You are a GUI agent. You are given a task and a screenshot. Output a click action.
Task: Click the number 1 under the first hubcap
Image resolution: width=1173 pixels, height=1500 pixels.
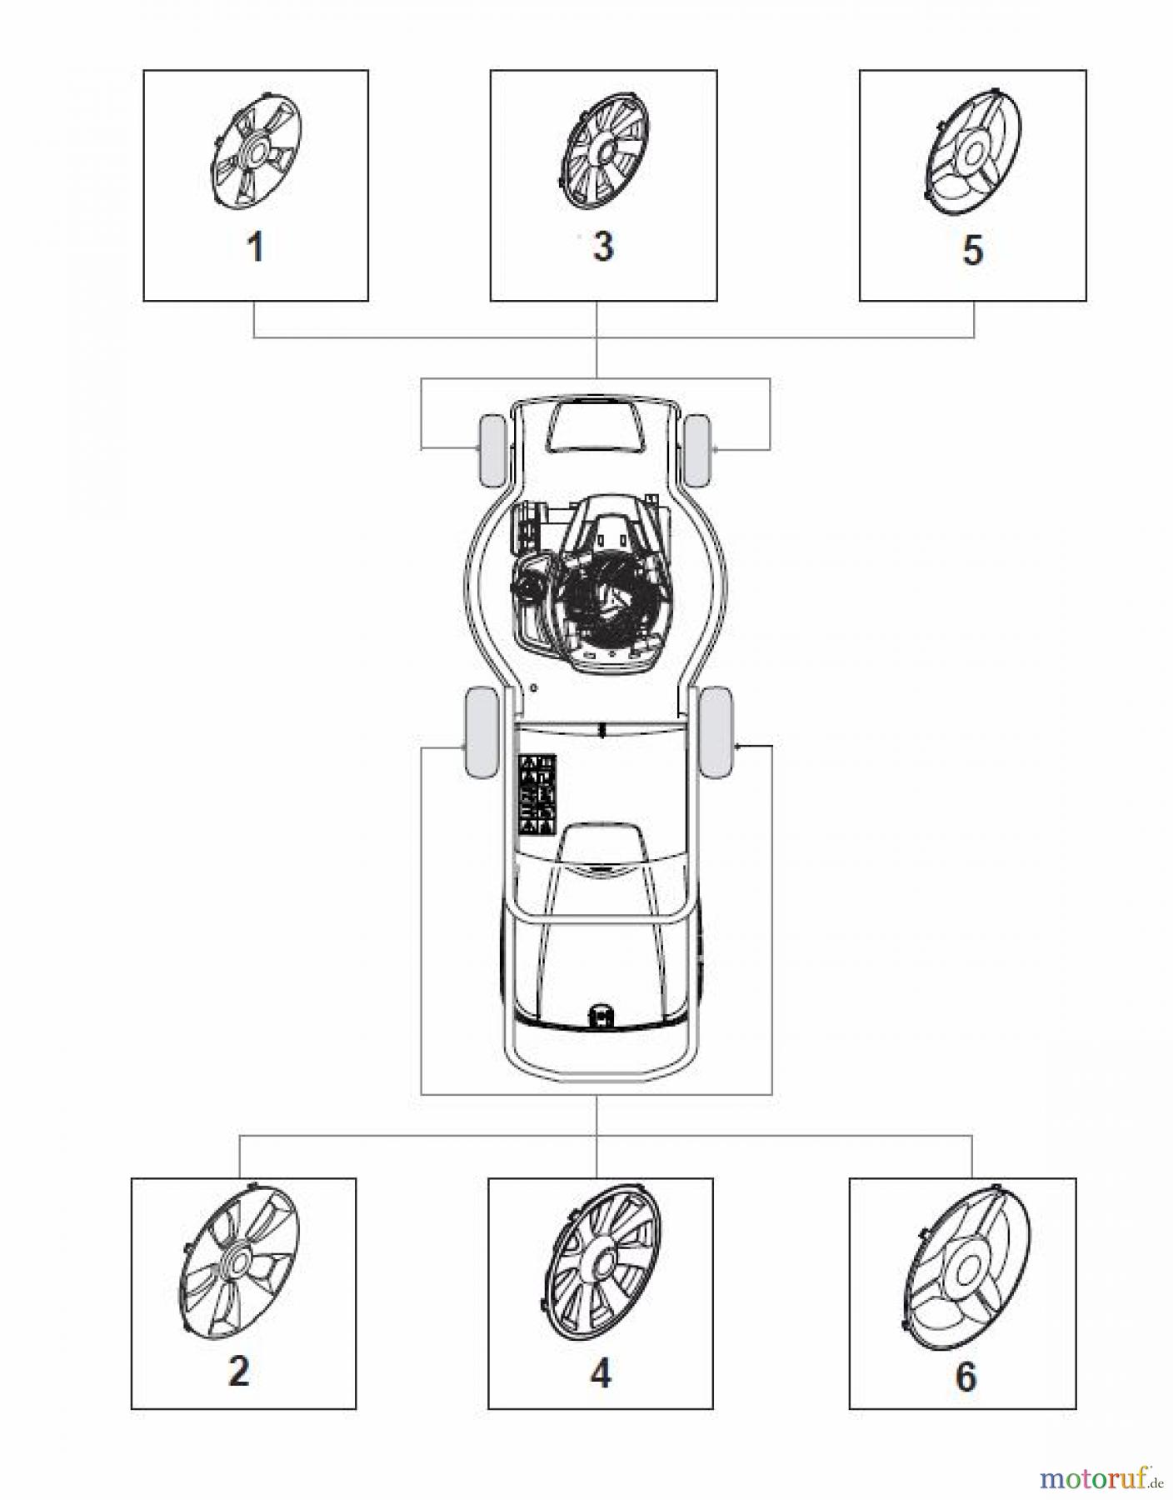pyautogui.click(x=257, y=247)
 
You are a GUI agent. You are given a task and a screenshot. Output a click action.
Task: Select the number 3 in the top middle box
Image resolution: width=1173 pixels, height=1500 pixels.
pyautogui.click(x=602, y=247)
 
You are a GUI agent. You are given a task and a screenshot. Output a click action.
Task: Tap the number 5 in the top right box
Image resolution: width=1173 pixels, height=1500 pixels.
pyautogui.click(x=972, y=250)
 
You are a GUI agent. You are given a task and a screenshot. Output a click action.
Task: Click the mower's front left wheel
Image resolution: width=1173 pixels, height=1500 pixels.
pyautogui.click(x=491, y=451)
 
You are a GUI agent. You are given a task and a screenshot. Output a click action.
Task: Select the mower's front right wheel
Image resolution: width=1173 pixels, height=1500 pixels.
pyautogui.click(x=696, y=451)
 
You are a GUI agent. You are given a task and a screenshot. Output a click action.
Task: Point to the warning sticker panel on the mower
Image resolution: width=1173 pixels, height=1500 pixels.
pyautogui.click(x=537, y=794)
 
